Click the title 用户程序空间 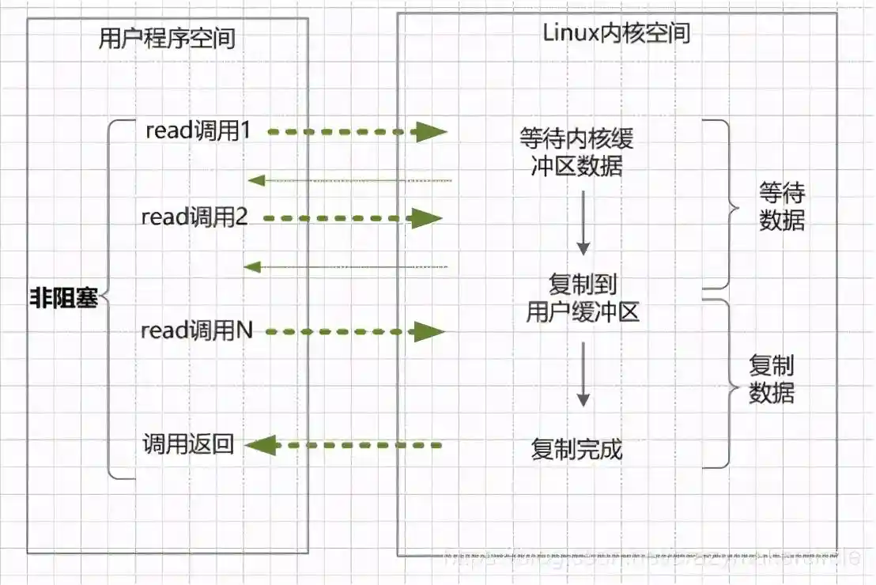167,37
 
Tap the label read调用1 198,131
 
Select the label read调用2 194,217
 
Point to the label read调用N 196,330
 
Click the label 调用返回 188,444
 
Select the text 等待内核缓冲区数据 576,152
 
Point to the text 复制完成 576,449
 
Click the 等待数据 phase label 782,207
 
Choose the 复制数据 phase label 772,379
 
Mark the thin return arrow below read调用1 349,180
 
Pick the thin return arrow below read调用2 345,266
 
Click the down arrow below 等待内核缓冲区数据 583,226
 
